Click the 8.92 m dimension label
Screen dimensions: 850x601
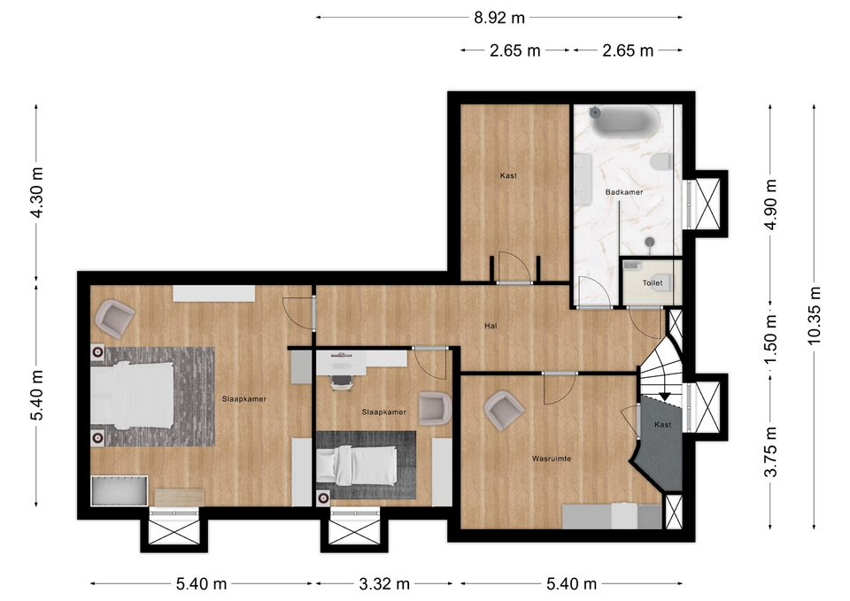pyautogui.click(x=499, y=18)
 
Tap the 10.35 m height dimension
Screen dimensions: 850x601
pyautogui.click(x=815, y=316)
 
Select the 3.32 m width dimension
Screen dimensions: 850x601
pyautogui.click(x=383, y=583)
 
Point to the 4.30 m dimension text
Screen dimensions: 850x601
pyautogui.click(x=37, y=192)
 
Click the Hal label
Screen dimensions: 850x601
pyautogui.click(x=491, y=326)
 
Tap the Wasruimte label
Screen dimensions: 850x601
pyautogui.click(x=552, y=458)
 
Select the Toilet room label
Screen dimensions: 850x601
pyautogui.click(x=653, y=283)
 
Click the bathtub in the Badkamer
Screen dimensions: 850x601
pyautogui.click(x=625, y=121)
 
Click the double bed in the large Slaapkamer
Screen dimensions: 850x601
pyautogui.click(x=132, y=395)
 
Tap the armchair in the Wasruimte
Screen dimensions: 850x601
pyautogui.click(x=504, y=410)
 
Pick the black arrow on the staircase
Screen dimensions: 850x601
pyautogui.click(x=665, y=397)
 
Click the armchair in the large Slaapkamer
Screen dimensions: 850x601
pyautogui.click(x=114, y=319)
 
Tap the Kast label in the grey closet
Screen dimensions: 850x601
pyautogui.click(x=662, y=424)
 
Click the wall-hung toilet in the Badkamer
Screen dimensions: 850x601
pyautogui.click(x=661, y=161)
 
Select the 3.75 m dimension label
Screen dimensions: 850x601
pyautogui.click(x=771, y=452)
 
